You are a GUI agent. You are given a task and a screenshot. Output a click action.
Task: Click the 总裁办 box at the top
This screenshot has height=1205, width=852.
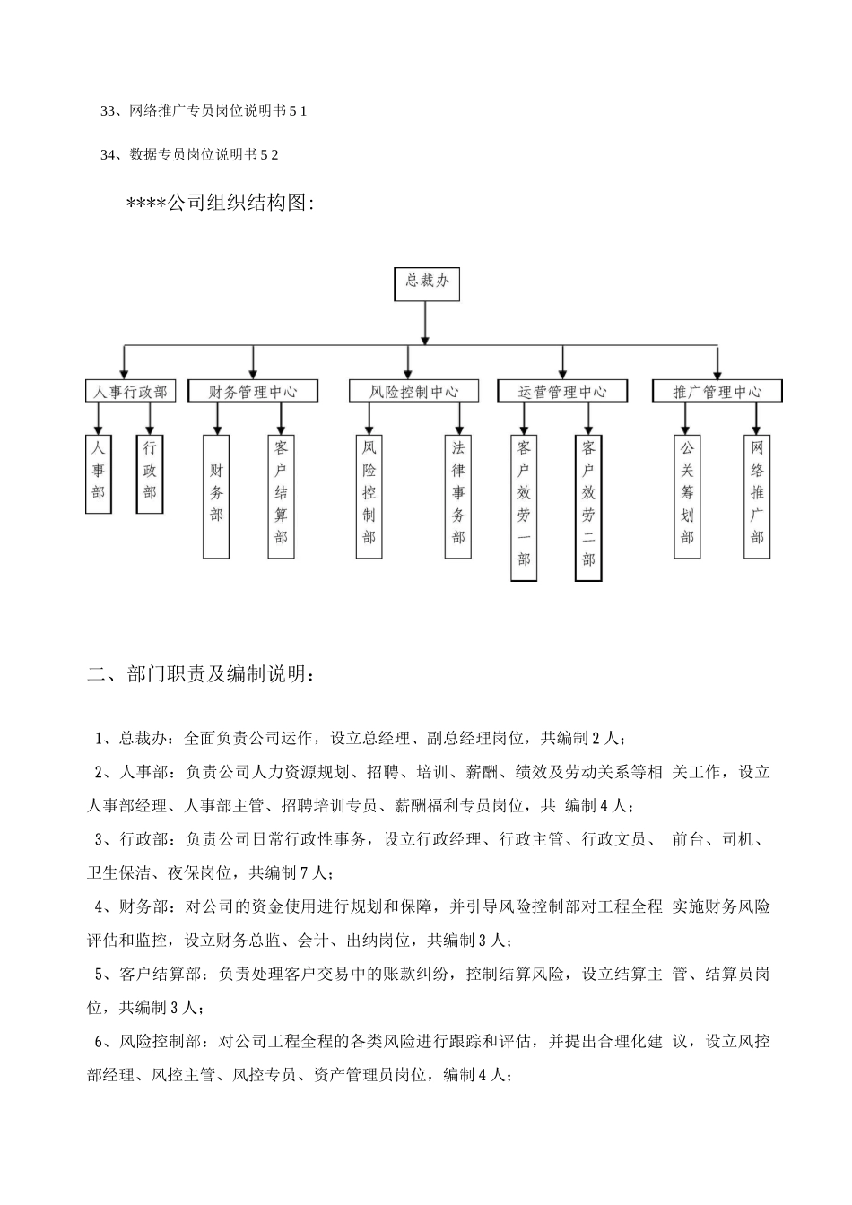pyautogui.click(x=427, y=282)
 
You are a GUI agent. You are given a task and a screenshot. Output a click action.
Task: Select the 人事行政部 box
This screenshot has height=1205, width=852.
pyautogui.click(x=131, y=392)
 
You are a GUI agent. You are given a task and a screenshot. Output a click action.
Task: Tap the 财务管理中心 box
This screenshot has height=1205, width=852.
pyautogui.click(x=253, y=392)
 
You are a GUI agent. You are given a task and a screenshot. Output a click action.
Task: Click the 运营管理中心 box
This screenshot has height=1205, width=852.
pyautogui.click(x=562, y=392)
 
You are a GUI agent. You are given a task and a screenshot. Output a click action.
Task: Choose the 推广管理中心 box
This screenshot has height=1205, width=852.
pyautogui.click(x=717, y=392)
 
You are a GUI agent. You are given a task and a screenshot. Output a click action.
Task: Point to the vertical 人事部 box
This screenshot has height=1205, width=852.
pyautogui.click(x=99, y=473)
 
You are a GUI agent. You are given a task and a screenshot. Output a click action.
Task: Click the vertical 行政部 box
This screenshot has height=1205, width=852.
pyautogui.click(x=150, y=473)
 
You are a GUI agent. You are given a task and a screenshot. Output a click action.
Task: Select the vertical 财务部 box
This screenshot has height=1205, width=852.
pyautogui.click(x=216, y=496)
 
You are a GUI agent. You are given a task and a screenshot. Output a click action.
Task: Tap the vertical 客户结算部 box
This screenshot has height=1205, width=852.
pyautogui.click(x=281, y=496)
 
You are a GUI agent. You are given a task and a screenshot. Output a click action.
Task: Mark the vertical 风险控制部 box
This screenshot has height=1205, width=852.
pyautogui.click(x=369, y=496)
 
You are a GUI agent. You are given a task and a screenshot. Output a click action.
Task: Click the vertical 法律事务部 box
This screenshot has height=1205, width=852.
pyautogui.click(x=458, y=496)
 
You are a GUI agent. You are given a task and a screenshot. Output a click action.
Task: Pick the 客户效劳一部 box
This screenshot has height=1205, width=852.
pyautogui.click(x=524, y=507)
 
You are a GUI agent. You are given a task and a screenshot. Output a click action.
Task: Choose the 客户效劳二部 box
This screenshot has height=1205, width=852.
pyautogui.click(x=588, y=507)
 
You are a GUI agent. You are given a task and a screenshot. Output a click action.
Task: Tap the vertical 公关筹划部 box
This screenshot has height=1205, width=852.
pyautogui.click(x=687, y=496)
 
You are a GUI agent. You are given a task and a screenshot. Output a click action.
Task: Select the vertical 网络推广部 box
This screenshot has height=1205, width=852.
pyautogui.click(x=757, y=496)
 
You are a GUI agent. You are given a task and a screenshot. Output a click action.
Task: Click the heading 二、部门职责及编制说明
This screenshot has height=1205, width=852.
pyautogui.click(x=201, y=674)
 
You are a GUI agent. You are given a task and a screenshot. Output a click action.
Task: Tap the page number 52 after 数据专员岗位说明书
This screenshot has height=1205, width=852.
pyautogui.click(x=269, y=155)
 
